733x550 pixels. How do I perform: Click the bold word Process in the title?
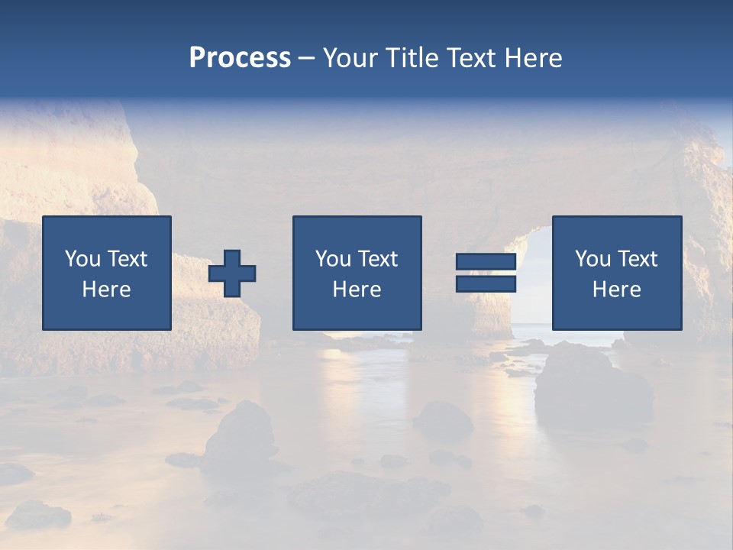[x=240, y=58]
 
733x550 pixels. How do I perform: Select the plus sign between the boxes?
[x=233, y=273]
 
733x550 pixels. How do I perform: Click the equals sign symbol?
[x=486, y=273]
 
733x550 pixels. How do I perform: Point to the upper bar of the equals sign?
[x=486, y=262]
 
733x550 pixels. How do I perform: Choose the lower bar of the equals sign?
[x=486, y=283]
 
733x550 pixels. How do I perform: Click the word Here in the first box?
[x=106, y=290]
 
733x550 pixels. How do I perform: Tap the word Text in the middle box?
[x=377, y=259]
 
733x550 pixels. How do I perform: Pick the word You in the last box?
[x=593, y=259]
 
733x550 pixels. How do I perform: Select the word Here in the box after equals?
[x=616, y=290]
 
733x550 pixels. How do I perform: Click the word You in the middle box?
[x=333, y=259]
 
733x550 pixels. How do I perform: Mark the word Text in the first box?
[x=127, y=259]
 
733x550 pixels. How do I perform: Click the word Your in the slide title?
[x=351, y=58]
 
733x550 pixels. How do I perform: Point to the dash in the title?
[x=307, y=59]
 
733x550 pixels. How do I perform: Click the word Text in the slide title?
[x=469, y=58]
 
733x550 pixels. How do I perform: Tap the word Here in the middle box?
[x=357, y=290]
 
